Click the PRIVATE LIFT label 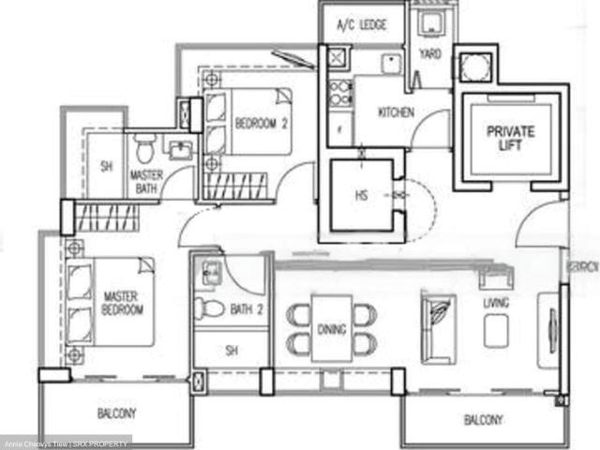point(510,138)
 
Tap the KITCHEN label point(396,113)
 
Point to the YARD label point(430,54)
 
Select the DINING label point(331,330)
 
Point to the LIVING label point(496,303)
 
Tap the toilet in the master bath point(143,149)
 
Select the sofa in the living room point(438,328)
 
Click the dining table point(331,328)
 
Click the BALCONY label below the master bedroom point(117,412)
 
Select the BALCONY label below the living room point(484,420)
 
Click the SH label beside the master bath point(106,168)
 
